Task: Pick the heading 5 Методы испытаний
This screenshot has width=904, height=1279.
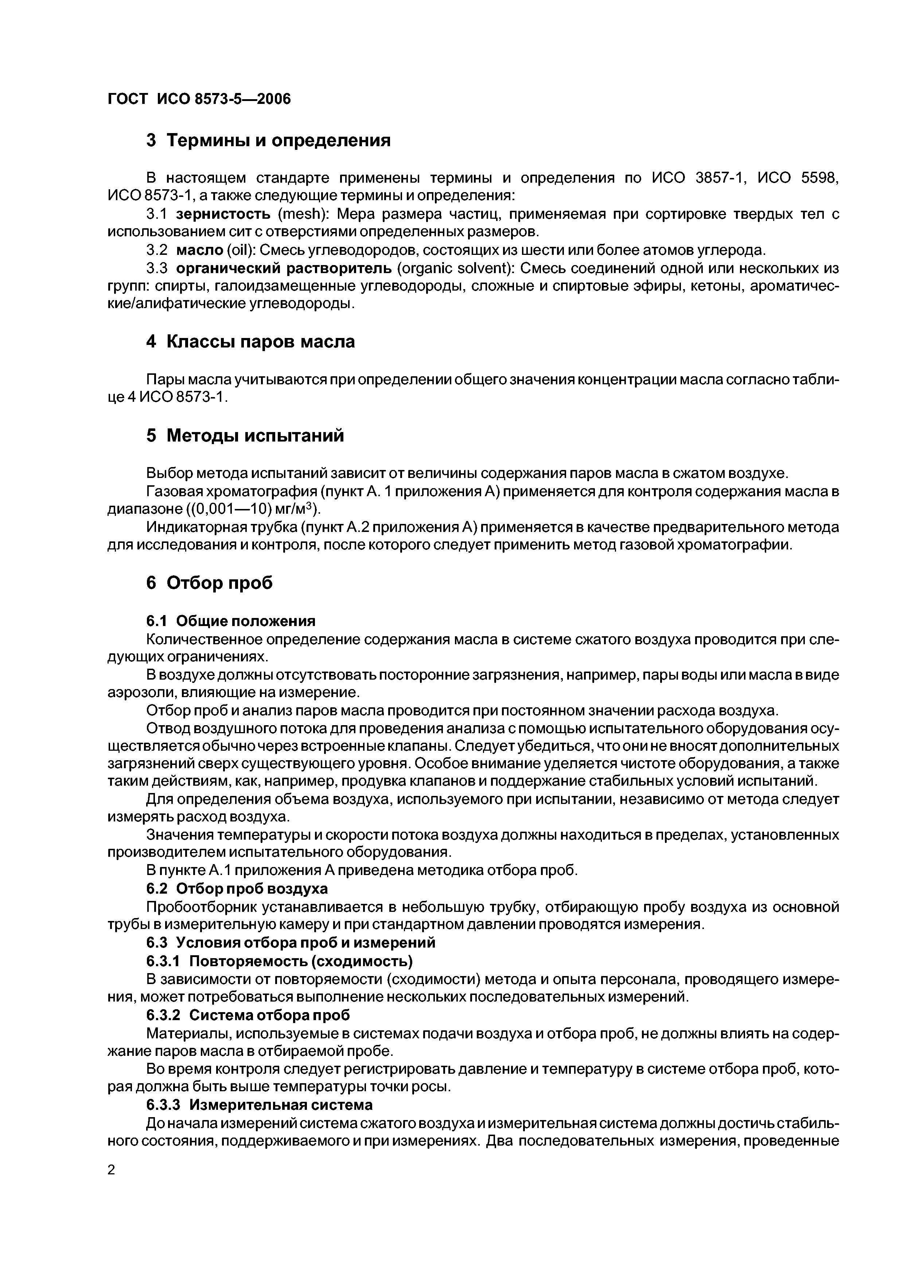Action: click(245, 436)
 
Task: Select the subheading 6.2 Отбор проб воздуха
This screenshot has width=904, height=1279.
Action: click(237, 888)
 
